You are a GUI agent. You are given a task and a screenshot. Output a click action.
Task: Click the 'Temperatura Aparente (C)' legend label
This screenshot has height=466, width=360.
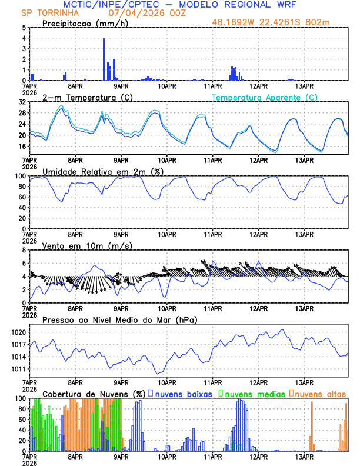(x=265, y=97)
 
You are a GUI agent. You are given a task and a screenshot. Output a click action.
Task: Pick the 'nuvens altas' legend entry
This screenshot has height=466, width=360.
(x=321, y=394)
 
